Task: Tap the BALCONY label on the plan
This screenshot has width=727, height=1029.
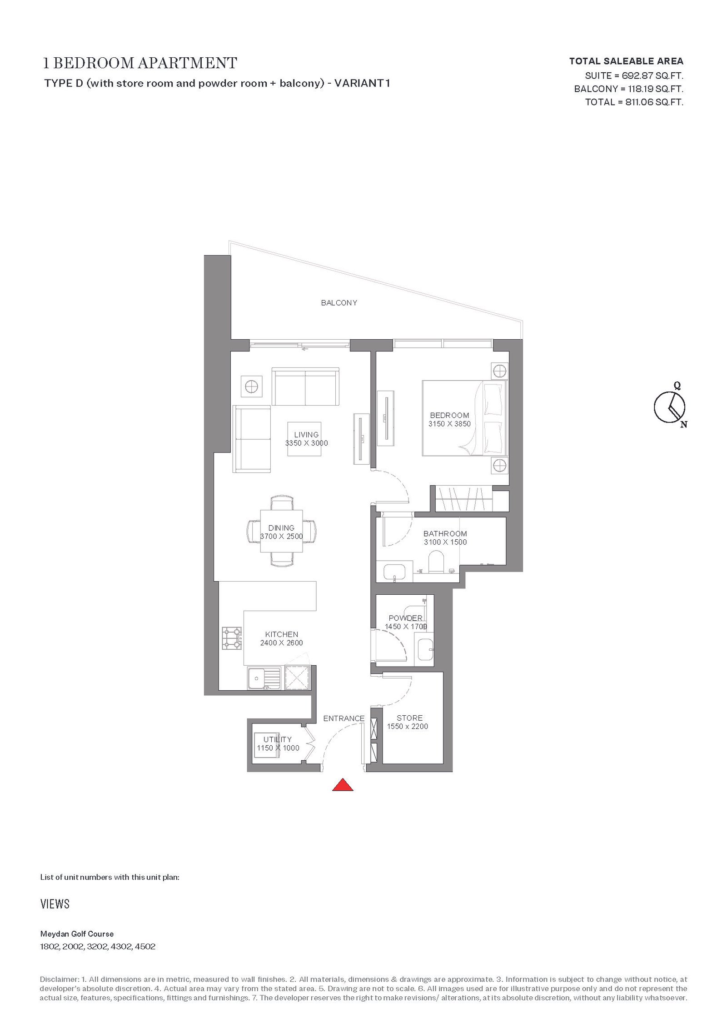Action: pos(339,303)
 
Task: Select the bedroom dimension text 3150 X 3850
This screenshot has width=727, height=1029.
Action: pos(449,424)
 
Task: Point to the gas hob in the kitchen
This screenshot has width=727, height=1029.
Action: pos(232,638)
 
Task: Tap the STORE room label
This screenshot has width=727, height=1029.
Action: pos(410,718)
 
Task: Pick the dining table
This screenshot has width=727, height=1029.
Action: pos(281,531)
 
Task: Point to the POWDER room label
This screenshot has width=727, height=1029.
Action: pos(406,618)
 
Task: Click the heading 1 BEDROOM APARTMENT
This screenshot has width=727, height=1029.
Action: pos(140,63)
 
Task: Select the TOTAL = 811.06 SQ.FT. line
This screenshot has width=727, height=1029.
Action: pos(634,102)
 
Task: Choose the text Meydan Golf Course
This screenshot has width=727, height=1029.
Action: pos(77,934)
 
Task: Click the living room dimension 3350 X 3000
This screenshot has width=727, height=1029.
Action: pos(307,443)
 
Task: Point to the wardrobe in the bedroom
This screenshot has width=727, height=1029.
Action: pos(463,499)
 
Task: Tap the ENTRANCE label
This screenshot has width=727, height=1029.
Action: pos(344,718)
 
